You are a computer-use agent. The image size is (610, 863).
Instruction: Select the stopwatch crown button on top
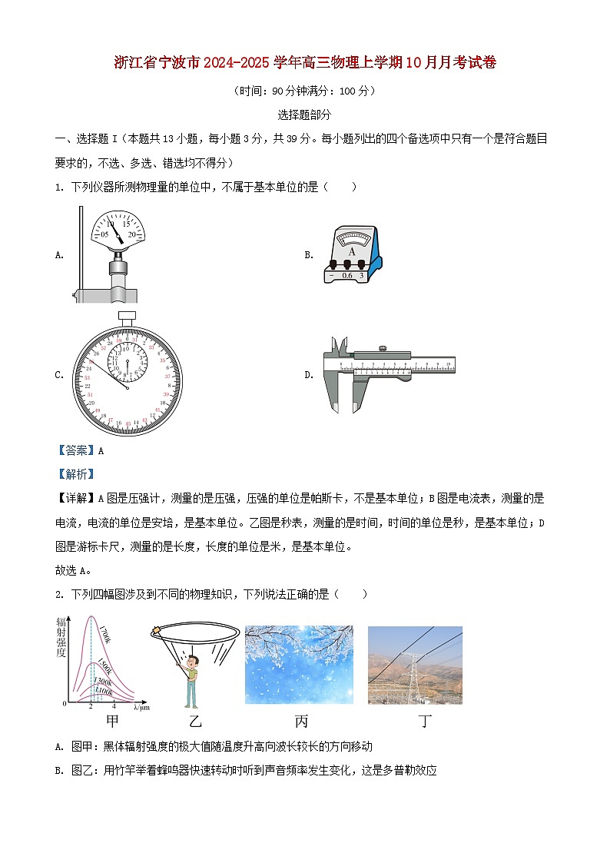tap(127, 315)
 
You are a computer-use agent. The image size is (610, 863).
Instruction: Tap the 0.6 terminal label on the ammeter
tap(347, 275)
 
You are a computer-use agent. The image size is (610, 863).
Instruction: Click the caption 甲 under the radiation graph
tap(112, 721)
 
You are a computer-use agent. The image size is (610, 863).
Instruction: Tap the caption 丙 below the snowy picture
tap(300, 721)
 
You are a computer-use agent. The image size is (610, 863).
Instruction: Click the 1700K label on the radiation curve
tap(105, 637)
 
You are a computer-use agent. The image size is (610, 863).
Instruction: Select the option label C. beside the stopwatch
tap(59, 375)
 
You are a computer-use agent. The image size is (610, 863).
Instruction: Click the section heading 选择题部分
tap(304, 115)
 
